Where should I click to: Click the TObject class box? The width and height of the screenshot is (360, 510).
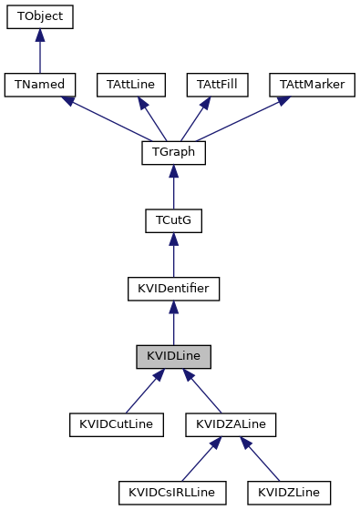click(x=39, y=16)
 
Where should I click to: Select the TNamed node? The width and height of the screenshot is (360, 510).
click(x=39, y=85)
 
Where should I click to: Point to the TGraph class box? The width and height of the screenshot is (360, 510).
click(x=173, y=153)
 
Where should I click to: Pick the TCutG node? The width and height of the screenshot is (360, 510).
click(x=173, y=221)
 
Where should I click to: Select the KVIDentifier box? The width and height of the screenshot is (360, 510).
click(x=173, y=289)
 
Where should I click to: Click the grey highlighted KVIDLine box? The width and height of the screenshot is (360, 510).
click(x=173, y=357)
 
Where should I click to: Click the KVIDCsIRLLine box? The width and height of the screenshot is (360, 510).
click(x=171, y=493)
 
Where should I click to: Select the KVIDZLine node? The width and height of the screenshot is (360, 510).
click(x=288, y=493)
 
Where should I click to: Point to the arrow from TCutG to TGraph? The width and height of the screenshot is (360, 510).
click(x=173, y=188)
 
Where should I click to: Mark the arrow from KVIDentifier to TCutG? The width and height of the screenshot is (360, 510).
click(x=173, y=255)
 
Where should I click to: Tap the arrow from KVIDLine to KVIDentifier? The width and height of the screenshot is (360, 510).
click(x=173, y=323)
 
